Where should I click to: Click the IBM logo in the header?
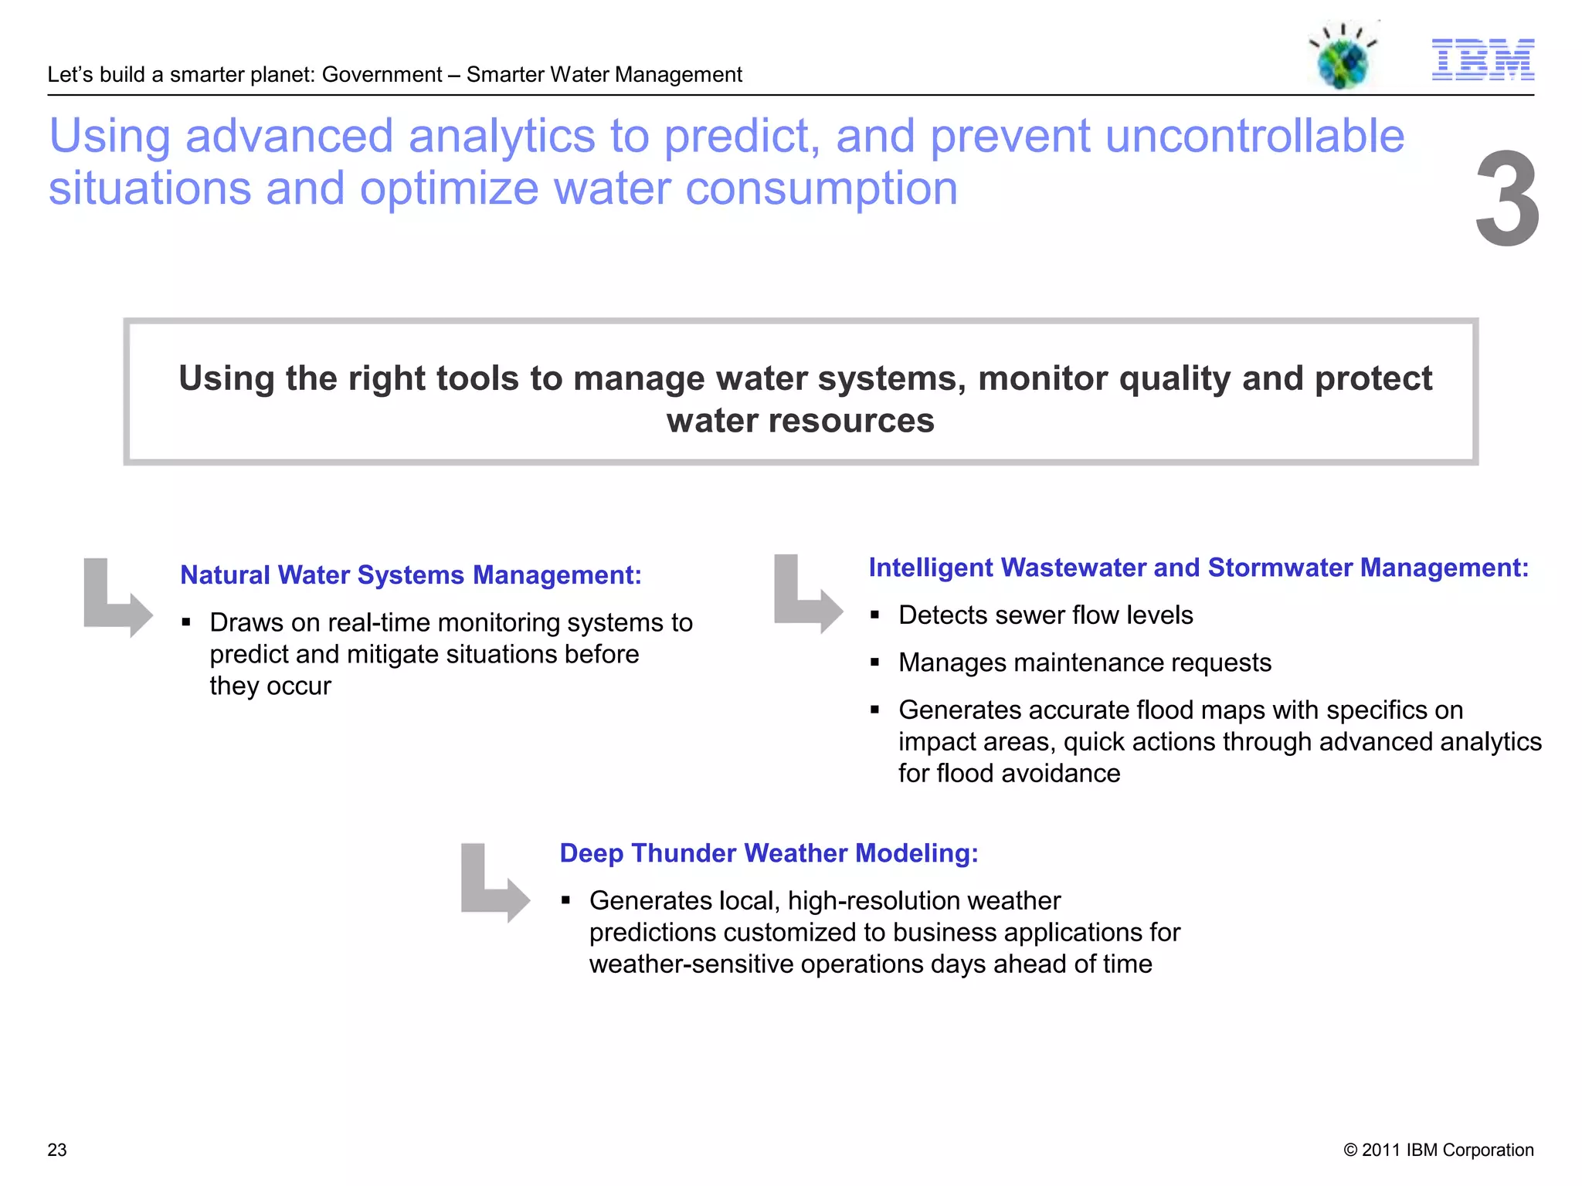(x=1482, y=59)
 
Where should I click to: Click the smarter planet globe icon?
(x=1343, y=59)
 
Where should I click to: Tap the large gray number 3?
(x=1507, y=198)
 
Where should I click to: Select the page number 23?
(x=57, y=1150)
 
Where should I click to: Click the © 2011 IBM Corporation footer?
(x=1438, y=1150)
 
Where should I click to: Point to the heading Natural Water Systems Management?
(x=410, y=575)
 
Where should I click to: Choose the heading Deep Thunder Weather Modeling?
(x=769, y=853)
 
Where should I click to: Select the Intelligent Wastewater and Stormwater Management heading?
(x=1198, y=568)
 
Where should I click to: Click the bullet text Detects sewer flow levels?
(x=1045, y=615)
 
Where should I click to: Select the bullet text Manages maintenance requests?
(x=1085, y=662)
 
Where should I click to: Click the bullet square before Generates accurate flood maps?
(x=875, y=710)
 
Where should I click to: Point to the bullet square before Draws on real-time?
(x=186, y=622)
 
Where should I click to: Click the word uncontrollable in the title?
(x=1254, y=137)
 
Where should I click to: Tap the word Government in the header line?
(x=382, y=75)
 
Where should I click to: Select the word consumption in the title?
(x=821, y=189)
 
